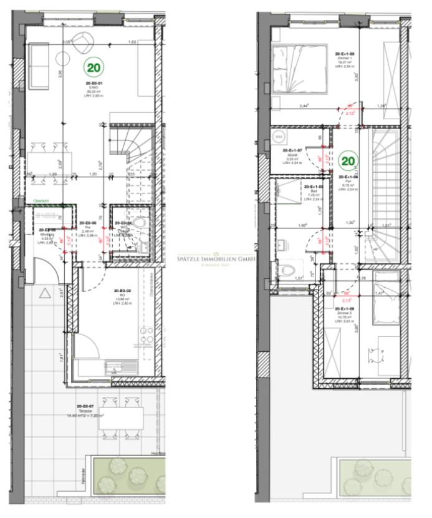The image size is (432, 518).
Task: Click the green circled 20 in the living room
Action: point(95,66)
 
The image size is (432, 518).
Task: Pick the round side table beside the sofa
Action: point(64,59)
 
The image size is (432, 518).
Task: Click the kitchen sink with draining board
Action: point(117,365)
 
